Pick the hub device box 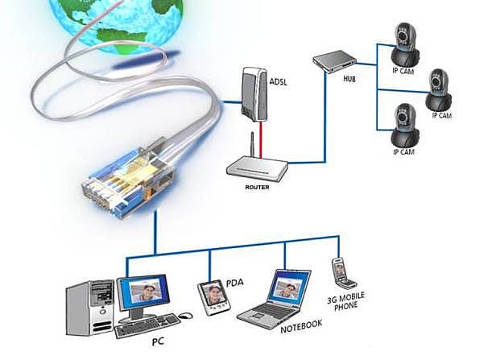pos(333,61)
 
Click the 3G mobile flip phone pos(341,273)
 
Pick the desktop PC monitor pos(145,294)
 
